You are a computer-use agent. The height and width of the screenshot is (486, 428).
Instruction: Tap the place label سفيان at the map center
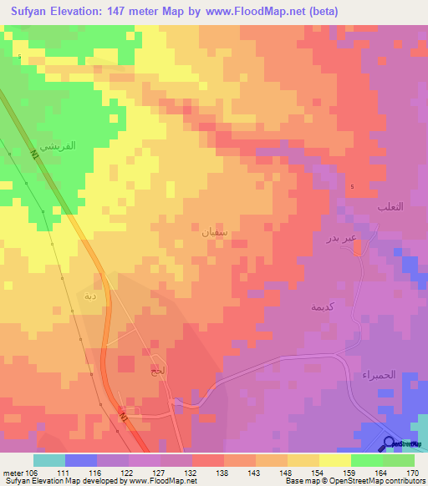pyautogui.click(x=215, y=230)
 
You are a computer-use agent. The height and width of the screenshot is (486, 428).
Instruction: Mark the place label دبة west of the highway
pyautogui.click(x=89, y=296)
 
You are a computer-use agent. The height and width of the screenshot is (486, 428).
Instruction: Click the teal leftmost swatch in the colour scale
pyautogui.click(x=48, y=460)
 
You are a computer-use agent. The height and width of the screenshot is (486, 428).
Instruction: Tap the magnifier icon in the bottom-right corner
pyautogui.click(x=390, y=443)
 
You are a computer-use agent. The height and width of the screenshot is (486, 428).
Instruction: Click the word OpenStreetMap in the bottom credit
pyautogui.click(x=374, y=481)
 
